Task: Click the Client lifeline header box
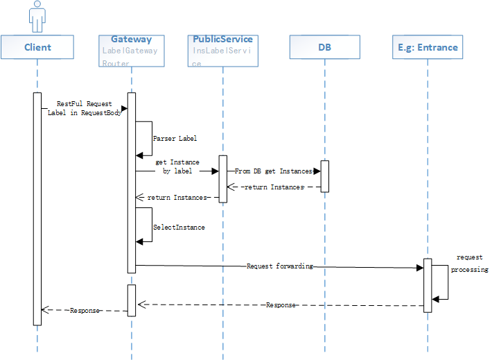pos(37,47)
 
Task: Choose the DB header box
pos(324,47)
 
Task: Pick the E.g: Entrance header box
pos(428,47)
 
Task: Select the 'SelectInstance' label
pos(178,227)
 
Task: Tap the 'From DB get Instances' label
pos(273,171)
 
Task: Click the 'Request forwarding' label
pos(279,266)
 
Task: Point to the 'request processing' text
pos(469,263)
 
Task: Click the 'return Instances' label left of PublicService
pos(177,198)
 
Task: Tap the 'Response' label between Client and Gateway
pos(85,311)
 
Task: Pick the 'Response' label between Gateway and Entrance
pos(281,305)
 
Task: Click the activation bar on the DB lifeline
pos(324,176)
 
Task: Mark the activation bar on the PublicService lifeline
pos(223,179)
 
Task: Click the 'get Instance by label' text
pos(177,166)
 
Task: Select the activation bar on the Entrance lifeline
pos(428,285)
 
